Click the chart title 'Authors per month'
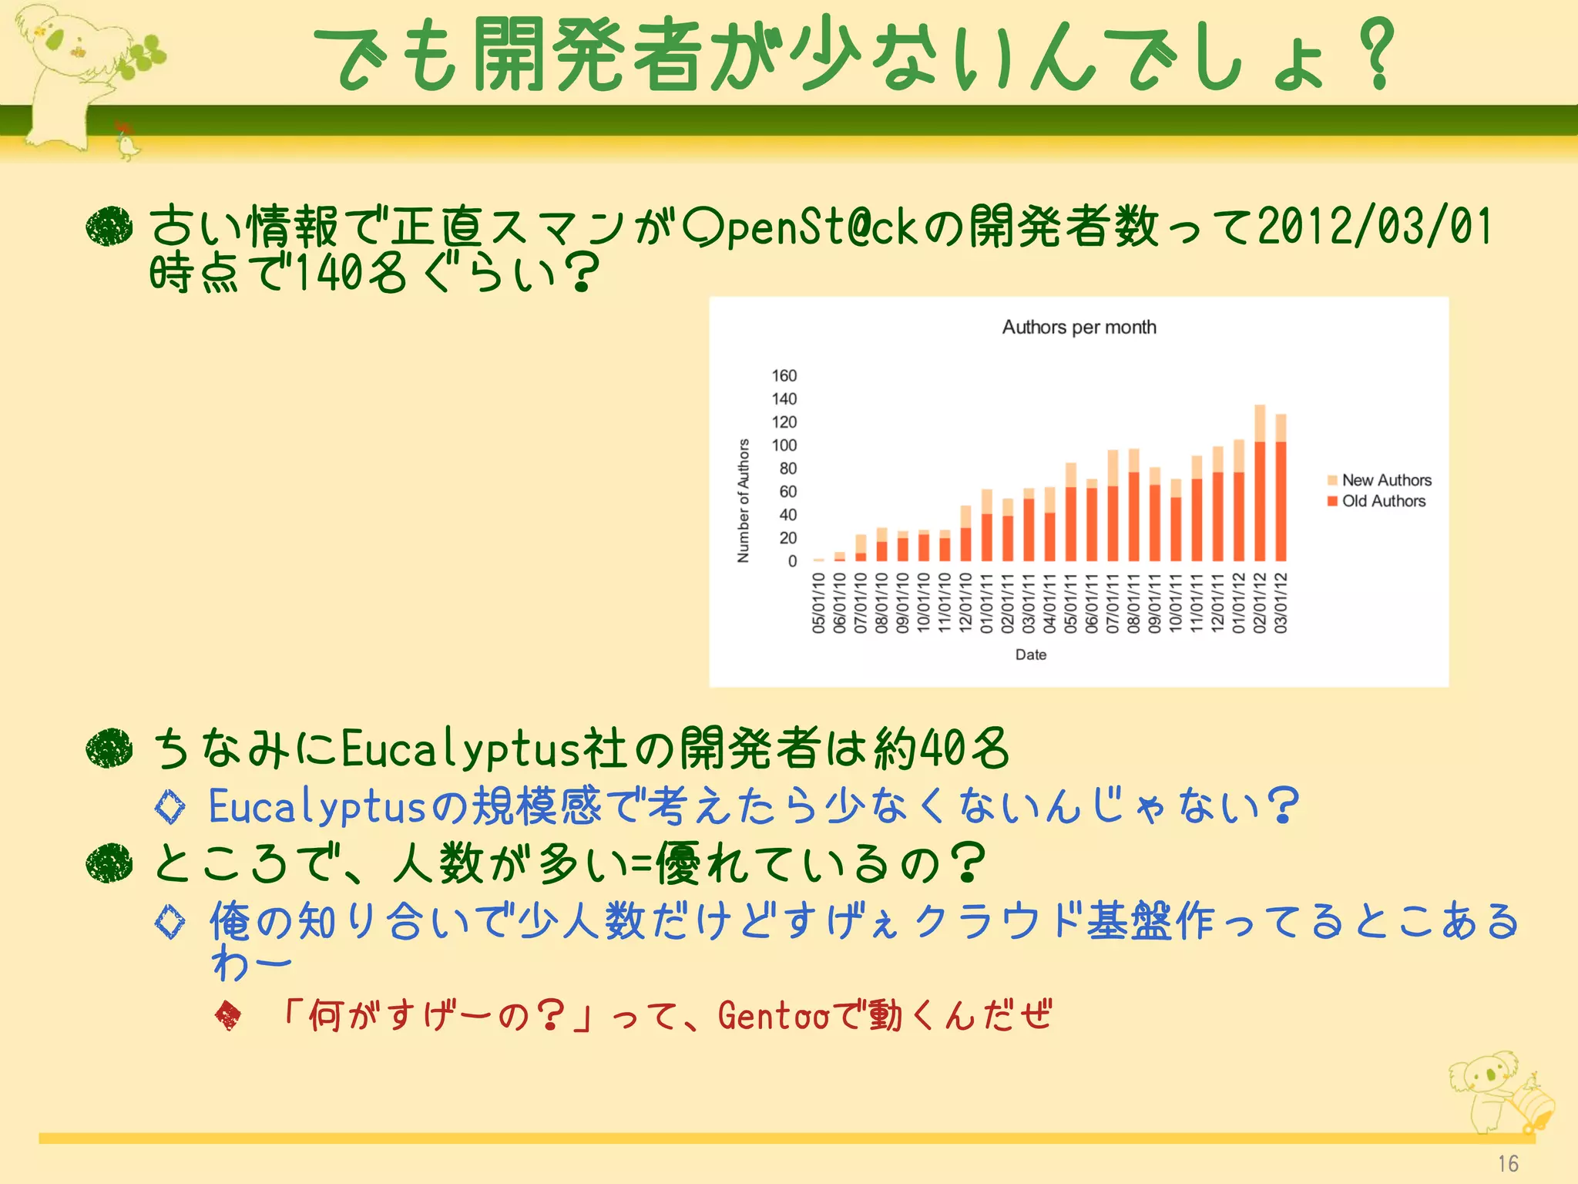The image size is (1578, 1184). [x=1079, y=328]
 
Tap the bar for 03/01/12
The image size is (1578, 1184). [x=1281, y=489]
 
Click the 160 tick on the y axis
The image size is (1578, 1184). [x=784, y=376]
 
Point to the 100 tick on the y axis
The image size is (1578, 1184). [x=784, y=446]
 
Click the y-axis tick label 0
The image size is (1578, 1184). [x=792, y=561]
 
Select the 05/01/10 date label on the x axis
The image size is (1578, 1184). [x=819, y=603]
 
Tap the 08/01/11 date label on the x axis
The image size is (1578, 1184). [x=1133, y=603]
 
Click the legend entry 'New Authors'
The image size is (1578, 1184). [x=1386, y=480]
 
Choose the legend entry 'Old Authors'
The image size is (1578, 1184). [x=1383, y=501]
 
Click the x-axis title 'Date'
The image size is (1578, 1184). [x=1031, y=654]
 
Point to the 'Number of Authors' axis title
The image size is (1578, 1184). [x=744, y=500]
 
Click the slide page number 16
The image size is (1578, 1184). [x=1508, y=1163]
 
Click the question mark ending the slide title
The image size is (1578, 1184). [x=1377, y=54]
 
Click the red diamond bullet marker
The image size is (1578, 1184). [x=228, y=1016]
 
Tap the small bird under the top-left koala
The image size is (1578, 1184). [x=126, y=141]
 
